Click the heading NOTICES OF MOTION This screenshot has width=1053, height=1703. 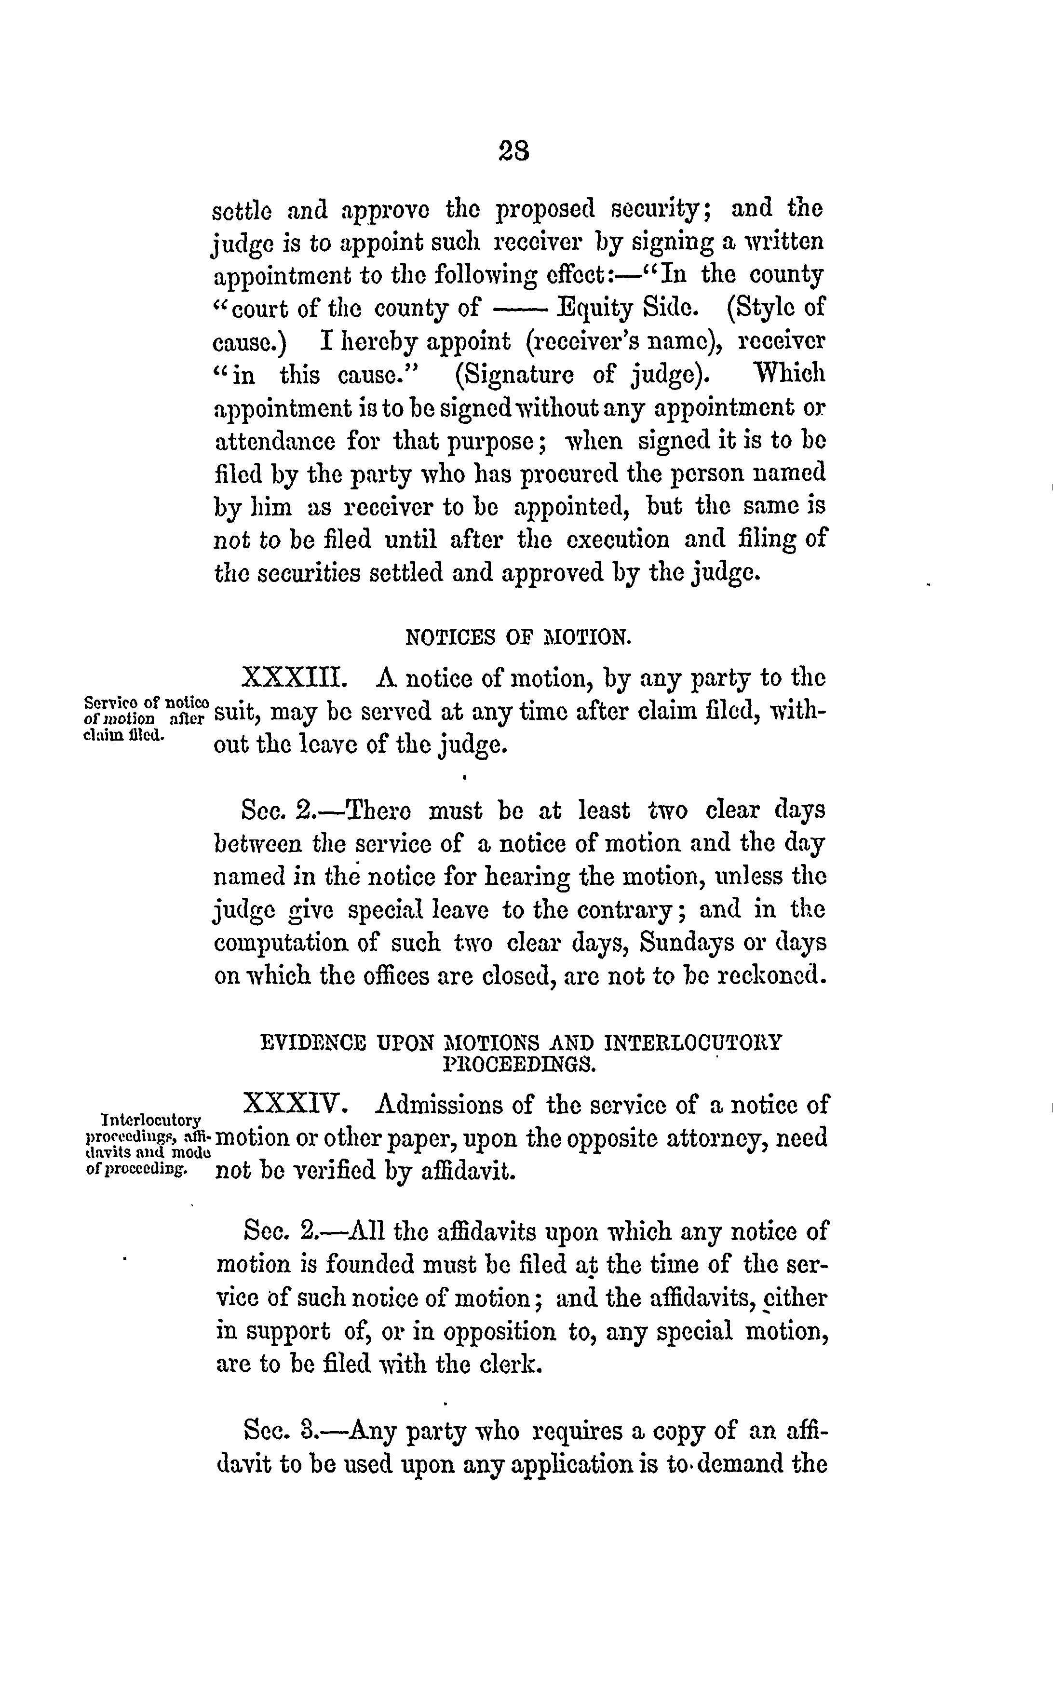[x=518, y=637]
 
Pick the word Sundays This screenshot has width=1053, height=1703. [x=685, y=943]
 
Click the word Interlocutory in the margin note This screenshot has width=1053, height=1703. [x=151, y=1120]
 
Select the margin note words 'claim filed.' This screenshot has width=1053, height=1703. [x=123, y=735]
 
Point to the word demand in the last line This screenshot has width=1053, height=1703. [x=740, y=1463]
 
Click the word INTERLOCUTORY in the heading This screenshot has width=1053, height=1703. [x=694, y=1043]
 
